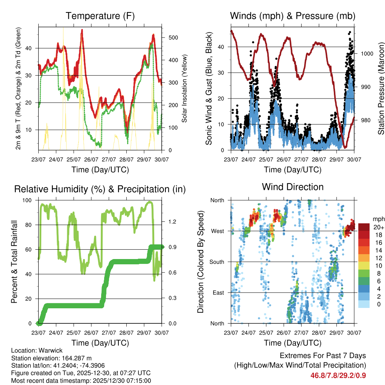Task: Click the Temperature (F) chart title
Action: [x=100, y=16]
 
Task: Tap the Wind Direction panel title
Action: [x=293, y=187]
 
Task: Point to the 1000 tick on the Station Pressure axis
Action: [x=367, y=53]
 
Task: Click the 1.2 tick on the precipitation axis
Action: [x=172, y=222]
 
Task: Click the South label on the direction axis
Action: [x=217, y=262]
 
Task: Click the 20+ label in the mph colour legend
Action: [x=378, y=227]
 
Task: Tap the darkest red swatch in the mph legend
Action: [x=364, y=227]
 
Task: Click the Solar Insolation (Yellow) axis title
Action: [x=184, y=89]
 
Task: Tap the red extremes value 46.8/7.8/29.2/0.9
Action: [x=338, y=376]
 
